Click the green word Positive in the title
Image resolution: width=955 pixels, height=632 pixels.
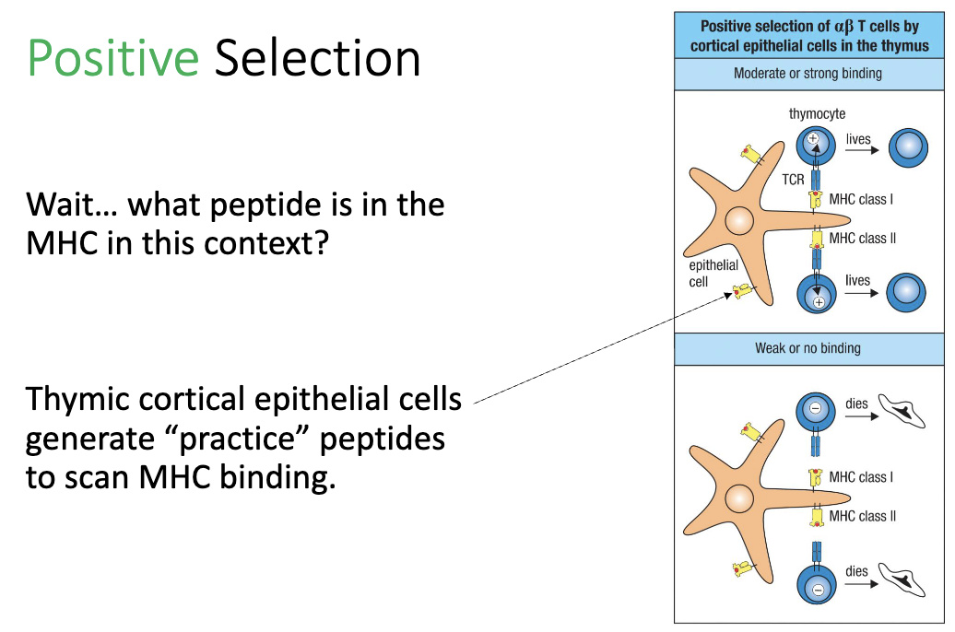point(112,59)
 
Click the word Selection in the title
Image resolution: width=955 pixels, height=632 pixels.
point(317,59)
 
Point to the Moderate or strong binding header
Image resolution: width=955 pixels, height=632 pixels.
point(808,73)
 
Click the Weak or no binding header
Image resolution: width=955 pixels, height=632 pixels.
point(808,348)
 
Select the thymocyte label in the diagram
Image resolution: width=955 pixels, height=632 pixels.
point(817,114)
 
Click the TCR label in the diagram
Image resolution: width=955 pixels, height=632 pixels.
point(793,180)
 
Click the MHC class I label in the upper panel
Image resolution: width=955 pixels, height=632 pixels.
point(861,198)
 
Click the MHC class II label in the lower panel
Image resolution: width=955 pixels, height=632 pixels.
point(862,516)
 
